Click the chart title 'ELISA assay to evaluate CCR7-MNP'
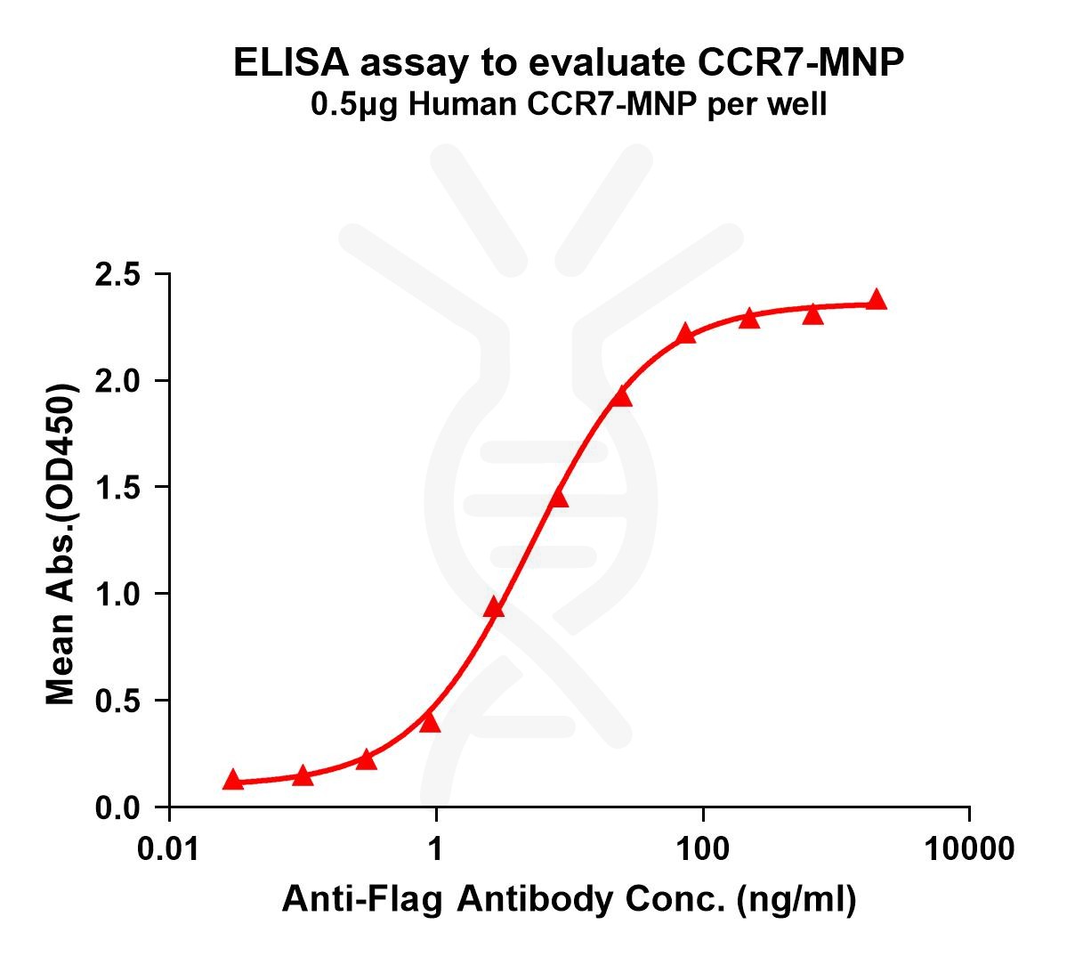(x=569, y=62)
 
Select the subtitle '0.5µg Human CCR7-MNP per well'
(x=569, y=105)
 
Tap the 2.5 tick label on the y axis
(x=118, y=275)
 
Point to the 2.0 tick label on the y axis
(x=118, y=381)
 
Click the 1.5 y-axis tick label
(x=118, y=488)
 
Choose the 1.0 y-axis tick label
(x=118, y=594)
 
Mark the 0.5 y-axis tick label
(x=118, y=701)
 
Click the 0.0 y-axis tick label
(x=118, y=807)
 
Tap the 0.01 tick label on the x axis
(x=169, y=849)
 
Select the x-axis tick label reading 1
(x=436, y=849)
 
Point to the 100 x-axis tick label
(x=703, y=849)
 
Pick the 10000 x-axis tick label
(x=969, y=849)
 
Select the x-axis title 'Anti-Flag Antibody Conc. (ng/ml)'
(x=569, y=901)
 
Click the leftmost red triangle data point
(x=233, y=780)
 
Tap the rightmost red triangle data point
(x=877, y=299)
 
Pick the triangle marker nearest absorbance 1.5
(x=558, y=498)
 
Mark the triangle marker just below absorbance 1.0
(x=494, y=608)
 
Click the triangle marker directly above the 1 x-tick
(x=430, y=722)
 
